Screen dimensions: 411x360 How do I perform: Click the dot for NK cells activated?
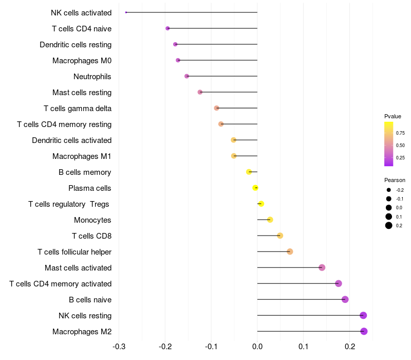[126, 12]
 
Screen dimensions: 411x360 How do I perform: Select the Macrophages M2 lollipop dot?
[364, 331]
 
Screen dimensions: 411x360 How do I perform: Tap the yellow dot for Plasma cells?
[255, 188]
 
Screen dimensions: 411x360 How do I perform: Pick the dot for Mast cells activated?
[322, 267]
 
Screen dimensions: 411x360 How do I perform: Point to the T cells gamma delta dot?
[216, 108]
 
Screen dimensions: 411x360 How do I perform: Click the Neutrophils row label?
[92, 77]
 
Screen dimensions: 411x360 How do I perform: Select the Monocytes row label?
[92, 220]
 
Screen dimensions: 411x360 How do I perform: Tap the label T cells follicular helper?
[74, 252]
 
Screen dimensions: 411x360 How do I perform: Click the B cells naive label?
[90, 300]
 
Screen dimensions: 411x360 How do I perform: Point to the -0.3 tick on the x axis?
[119, 347]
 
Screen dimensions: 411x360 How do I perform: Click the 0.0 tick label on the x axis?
[257, 347]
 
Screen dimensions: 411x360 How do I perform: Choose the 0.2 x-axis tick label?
[350, 347]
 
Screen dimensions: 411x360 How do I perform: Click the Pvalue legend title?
[393, 116]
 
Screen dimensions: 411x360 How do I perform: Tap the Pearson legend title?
[395, 181]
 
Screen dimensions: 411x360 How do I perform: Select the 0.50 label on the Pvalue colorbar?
[400, 146]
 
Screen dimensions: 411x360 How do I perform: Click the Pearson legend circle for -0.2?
[389, 190]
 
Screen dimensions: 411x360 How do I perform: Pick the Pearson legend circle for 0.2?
[389, 225]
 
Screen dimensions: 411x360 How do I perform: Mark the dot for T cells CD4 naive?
[168, 28]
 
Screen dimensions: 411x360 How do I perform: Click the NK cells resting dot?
[363, 315]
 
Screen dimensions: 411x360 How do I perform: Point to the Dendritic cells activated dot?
[234, 140]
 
